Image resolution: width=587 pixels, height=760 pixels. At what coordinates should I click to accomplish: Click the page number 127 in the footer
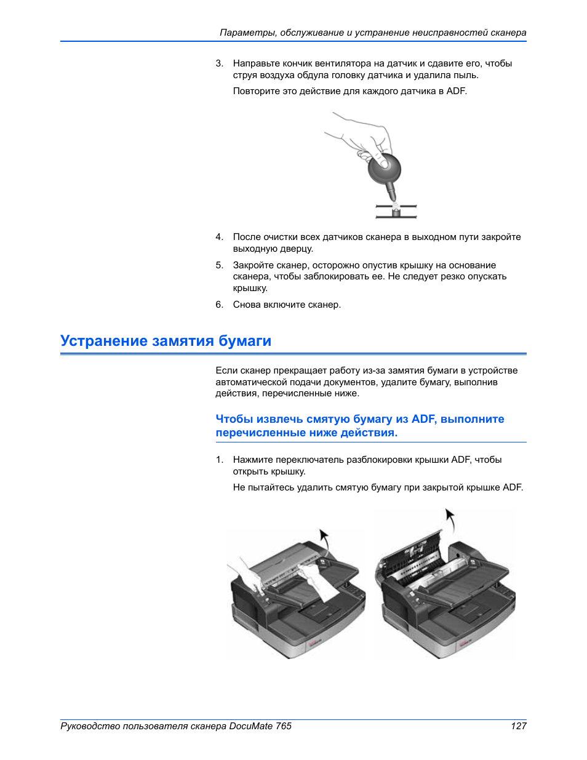518,726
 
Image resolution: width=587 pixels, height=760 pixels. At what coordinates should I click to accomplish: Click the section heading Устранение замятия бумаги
166,341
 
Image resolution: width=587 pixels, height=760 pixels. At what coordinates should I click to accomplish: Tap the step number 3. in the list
219,63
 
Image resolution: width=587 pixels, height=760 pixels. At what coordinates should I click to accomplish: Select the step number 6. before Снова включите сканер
219,305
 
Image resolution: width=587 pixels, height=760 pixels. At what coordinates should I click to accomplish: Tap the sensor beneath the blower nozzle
396,212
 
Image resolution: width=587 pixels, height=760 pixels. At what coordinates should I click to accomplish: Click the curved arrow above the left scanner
324,539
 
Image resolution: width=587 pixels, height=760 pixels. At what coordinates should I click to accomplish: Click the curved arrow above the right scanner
450,520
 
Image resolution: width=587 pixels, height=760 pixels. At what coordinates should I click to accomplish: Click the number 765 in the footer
284,726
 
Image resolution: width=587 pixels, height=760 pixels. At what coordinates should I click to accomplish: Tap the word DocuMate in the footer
251,726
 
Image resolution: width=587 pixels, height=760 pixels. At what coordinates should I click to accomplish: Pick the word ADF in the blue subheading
423,419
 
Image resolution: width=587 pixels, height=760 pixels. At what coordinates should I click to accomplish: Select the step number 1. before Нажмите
219,460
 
